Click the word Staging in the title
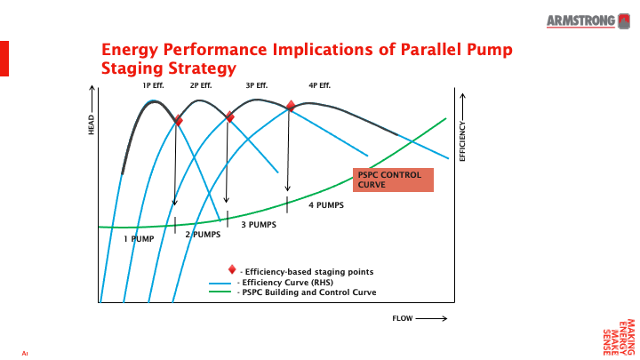[x=140, y=68]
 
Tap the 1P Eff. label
[x=154, y=85]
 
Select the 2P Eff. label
[x=201, y=85]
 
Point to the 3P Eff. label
[x=256, y=85]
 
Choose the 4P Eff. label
[x=319, y=85]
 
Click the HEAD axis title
[x=91, y=126]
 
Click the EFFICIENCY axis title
[x=462, y=140]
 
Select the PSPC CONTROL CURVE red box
[x=393, y=180]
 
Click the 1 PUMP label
[x=139, y=238]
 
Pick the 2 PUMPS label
[x=202, y=234]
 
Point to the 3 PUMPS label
[x=259, y=225]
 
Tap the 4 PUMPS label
[x=326, y=204]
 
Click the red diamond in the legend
[x=232, y=269]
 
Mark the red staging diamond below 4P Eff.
[x=291, y=106]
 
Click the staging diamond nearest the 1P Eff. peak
[x=178, y=120]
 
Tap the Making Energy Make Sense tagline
[x=620, y=335]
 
